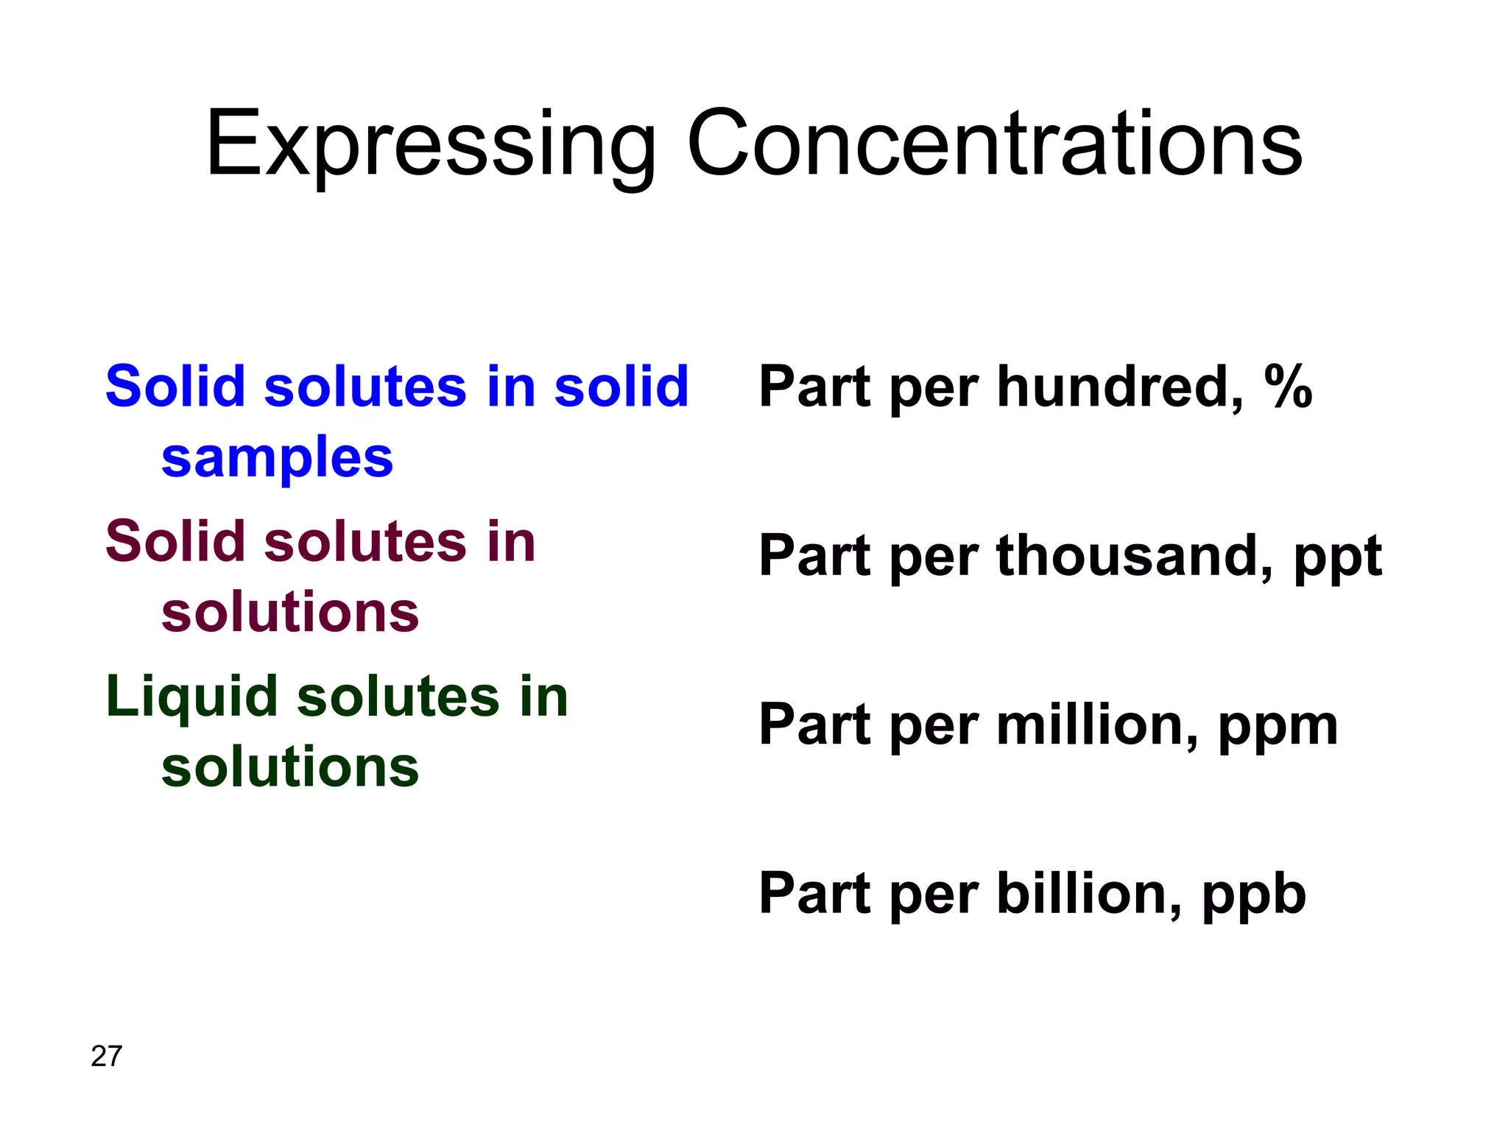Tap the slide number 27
pos(106,1056)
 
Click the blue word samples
pos(277,458)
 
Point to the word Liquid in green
pos(191,697)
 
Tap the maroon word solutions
pos(290,612)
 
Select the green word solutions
pos(290,767)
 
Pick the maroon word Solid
pos(175,541)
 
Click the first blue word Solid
pos(175,386)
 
